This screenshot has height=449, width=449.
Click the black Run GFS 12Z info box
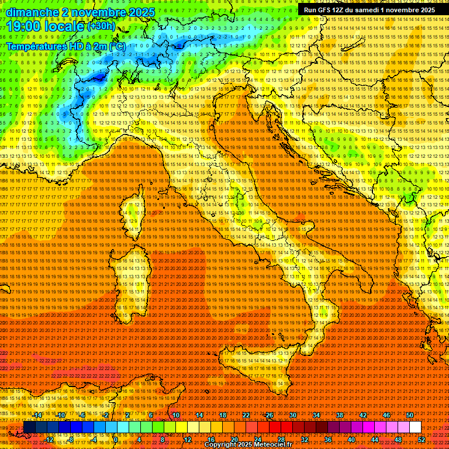point(369,10)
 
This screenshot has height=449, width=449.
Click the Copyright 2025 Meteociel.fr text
point(248,445)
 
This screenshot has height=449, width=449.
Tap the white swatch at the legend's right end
point(415,427)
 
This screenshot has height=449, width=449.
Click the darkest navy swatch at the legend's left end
point(29,427)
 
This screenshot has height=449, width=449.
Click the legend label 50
point(410,415)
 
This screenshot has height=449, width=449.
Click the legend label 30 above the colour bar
point(293,415)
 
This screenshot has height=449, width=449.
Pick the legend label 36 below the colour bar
point(327,439)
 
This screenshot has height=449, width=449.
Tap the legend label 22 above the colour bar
point(246,415)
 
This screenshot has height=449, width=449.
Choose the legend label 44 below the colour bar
point(374,439)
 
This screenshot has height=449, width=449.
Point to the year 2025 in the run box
point(426,10)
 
